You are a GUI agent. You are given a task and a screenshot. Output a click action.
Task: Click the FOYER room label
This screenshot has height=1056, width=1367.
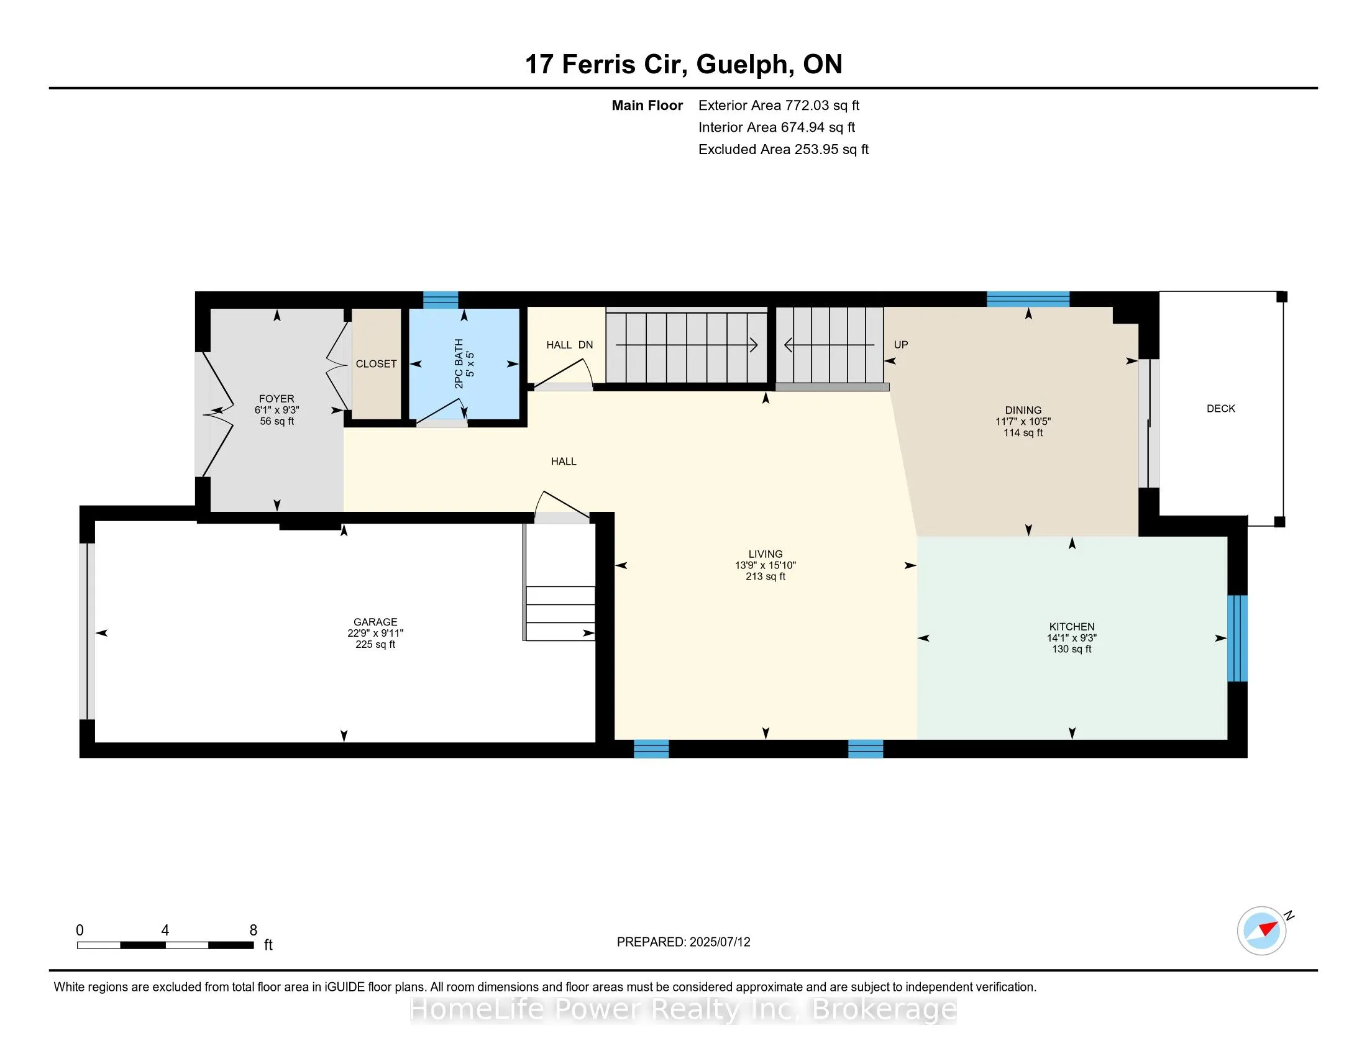(x=276, y=399)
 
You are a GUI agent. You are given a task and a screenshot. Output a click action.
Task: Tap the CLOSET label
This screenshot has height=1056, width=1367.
(x=376, y=363)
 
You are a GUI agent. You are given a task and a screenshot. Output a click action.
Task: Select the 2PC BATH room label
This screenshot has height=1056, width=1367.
(x=459, y=363)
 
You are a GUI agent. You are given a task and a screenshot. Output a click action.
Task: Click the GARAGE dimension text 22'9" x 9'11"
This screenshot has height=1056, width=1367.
(x=375, y=633)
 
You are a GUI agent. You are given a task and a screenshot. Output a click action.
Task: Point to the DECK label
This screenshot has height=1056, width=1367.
(x=1220, y=409)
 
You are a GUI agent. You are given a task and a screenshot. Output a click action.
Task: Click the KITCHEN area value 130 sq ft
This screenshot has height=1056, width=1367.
(x=1072, y=649)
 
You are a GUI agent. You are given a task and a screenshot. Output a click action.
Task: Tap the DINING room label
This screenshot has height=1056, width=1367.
(x=1023, y=411)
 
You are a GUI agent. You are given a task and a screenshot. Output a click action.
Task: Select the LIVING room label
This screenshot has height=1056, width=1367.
(x=765, y=553)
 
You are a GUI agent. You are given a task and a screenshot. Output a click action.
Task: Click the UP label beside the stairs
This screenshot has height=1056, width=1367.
(x=901, y=345)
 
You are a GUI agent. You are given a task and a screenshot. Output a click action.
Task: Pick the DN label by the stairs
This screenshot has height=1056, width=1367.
(x=585, y=345)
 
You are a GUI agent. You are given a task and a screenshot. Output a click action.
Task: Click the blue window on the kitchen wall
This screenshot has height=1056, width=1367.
(x=1237, y=638)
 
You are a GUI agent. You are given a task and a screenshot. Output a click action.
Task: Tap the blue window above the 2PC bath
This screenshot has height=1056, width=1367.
(x=440, y=299)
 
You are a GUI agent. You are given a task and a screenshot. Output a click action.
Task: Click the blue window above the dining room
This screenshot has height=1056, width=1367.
(x=1028, y=299)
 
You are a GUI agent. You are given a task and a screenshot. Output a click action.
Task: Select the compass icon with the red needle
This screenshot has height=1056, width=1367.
(x=1261, y=931)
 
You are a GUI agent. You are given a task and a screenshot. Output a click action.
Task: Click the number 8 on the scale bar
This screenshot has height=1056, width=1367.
(x=253, y=931)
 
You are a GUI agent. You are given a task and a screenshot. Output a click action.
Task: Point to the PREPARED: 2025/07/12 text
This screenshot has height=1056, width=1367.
(x=683, y=942)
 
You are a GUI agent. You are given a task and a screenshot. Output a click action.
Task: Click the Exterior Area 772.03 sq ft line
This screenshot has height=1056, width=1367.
(x=779, y=105)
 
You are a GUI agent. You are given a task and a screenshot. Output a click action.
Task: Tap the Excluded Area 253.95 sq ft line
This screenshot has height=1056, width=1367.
(x=783, y=149)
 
